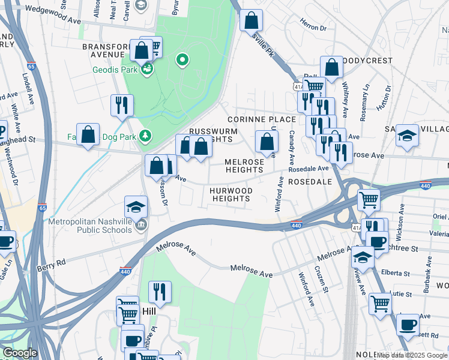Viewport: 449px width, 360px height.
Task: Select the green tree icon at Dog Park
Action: (145, 135)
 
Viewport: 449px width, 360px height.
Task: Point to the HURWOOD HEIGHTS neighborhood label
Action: (231, 194)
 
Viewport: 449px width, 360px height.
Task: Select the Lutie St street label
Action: (400, 295)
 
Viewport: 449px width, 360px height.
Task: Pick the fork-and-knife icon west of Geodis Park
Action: (122, 105)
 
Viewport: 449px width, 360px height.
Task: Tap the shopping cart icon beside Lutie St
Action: (381, 304)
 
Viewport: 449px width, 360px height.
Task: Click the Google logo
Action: (19, 353)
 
